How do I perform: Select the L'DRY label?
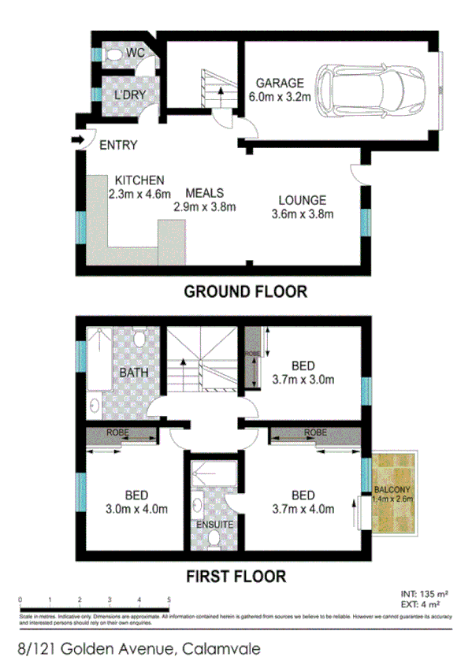pyautogui.click(x=127, y=95)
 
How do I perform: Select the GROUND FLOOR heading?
pyautogui.click(x=245, y=291)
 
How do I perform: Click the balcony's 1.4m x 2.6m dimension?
pyautogui.click(x=392, y=498)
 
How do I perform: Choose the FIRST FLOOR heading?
pyautogui.click(x=236, y=576)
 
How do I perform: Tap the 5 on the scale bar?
pyautogui.click(x=169, y=600)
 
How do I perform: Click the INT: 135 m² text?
pyautogui.click(x=423, y=595)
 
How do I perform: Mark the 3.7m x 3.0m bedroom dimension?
pyautogui.click(x=303, y=379)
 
